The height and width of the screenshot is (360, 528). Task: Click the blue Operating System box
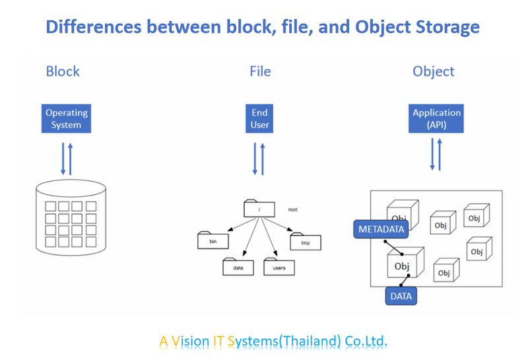(66, 119)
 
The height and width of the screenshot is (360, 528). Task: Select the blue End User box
(259, 119)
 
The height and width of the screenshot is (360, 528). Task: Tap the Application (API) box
(436, 119)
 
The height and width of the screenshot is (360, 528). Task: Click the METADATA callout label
(380, 229)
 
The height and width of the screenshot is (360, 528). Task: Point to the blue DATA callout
(401, 296)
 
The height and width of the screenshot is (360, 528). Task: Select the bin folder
(213, 241)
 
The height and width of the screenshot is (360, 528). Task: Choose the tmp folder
(305, 242)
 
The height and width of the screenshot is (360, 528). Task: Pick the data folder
(238, 268)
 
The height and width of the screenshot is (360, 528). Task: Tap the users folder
(279, 268)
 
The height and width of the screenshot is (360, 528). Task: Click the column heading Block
(63, 71)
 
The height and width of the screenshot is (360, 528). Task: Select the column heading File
(260, 71)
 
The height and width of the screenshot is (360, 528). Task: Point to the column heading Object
(434, 71)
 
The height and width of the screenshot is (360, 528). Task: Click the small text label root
(293, 209)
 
